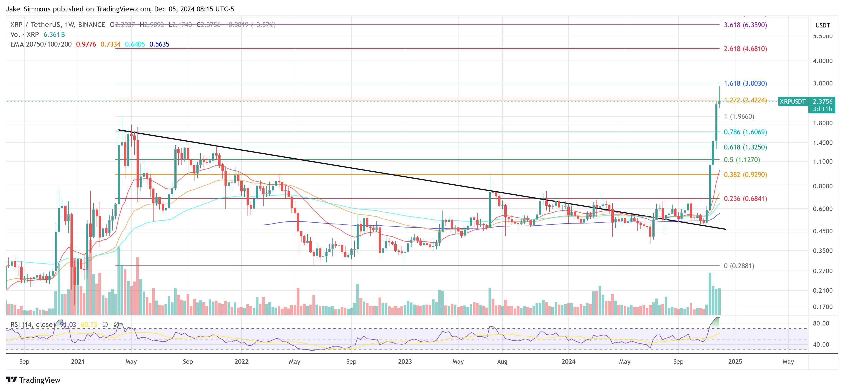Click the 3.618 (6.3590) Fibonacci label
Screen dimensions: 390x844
pos(745,25)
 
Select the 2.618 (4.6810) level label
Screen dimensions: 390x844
pos(745,48)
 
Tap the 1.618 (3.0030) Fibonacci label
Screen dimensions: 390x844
pos(745,83)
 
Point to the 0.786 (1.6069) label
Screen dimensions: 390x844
pos(745,132)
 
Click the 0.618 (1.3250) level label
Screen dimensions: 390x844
pos(745,147)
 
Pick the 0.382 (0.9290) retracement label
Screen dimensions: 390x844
pos(745,174)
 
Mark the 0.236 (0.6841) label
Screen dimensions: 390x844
pos(745,198)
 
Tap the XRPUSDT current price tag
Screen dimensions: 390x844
pos(792,101)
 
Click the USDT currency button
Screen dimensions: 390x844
pos(822,25)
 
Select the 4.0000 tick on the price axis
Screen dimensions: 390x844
pos(822,61)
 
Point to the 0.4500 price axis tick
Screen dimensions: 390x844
pos(822,231)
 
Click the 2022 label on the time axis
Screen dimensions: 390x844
pos(241,361)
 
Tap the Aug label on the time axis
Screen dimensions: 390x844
pos(502,361)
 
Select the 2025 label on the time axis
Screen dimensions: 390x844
pos(735,361)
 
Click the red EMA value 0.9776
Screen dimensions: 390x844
pos(86,44)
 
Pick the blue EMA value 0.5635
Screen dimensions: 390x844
pos(159,44)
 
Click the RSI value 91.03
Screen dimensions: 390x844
pos(68,324)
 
